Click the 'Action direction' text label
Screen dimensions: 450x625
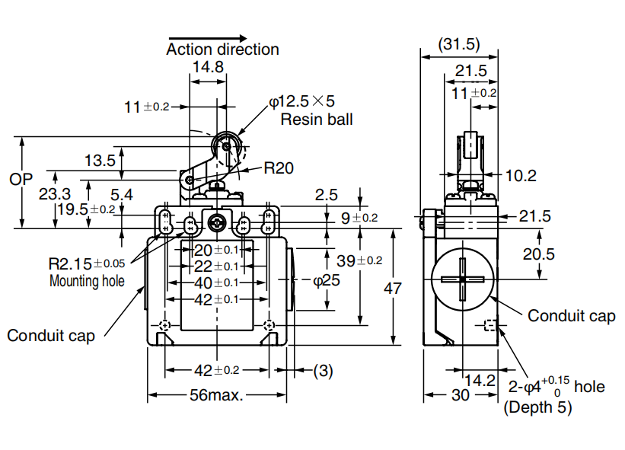[x=222, y=49]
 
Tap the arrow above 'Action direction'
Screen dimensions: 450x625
[x=208, y=37]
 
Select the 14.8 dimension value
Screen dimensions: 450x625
[x=208, y=67]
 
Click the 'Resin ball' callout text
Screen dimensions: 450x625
[x=317, y=119]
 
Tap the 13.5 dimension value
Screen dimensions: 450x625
[x=100, y=160]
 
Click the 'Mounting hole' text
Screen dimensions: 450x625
[x=86, y=280]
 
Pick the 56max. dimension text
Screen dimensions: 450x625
[x=217, y=396]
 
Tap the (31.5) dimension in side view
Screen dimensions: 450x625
[x=460, y=43]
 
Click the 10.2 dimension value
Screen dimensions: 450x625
[x=521, y=176]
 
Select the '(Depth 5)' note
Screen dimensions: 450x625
[x=538, y=407]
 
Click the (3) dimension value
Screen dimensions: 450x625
[x=323, y=371]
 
